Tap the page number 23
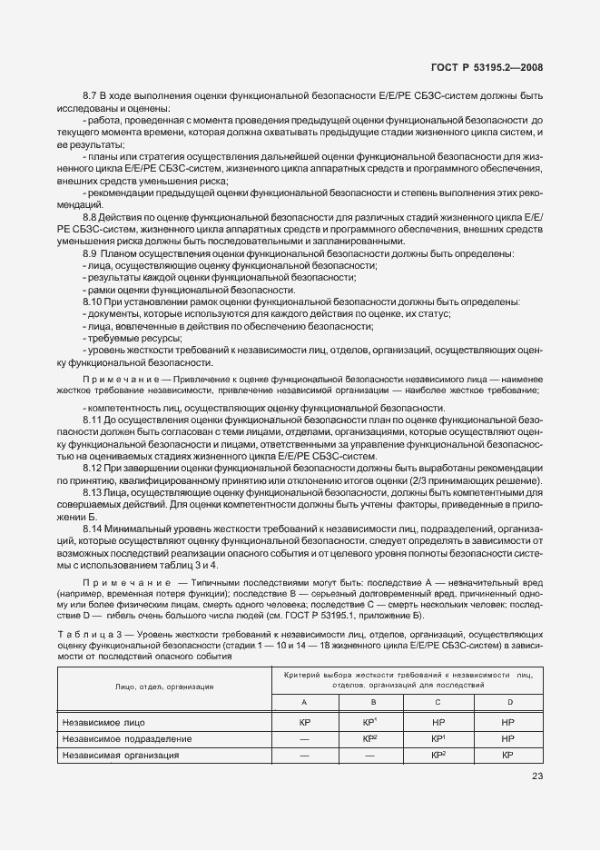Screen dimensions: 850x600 (x=536, y=775)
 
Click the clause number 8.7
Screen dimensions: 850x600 (x=89, y=95)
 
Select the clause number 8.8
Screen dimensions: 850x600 (x=89, y=217)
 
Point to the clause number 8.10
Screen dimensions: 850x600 (x=92, y=301)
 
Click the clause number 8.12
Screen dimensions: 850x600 (x=92, y=467)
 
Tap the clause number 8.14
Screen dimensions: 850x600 (x=92, y=529)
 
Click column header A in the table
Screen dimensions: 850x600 (x=304, y=702)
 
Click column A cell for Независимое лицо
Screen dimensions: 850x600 (x=304, y=723)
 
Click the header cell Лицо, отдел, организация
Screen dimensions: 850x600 (x=164, y=687)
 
